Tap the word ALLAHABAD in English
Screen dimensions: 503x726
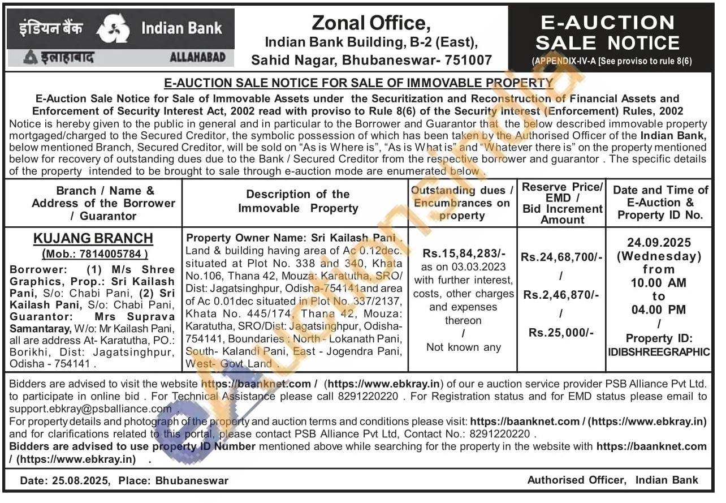[x=197, y=57]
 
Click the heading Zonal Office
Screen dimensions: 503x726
[x=371, y=23]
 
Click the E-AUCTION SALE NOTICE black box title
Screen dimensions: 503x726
[x=607, y=33]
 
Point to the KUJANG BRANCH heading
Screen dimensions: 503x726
[x=93, y=238]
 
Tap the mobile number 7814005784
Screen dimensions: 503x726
[x=113, y=254]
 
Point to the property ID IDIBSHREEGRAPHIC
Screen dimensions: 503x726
[x=659, y=352]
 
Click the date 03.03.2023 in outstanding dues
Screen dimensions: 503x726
[x=482, y=267]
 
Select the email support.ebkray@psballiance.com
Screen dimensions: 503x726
[x=90, y=409]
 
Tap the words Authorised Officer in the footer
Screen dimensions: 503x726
[x=577, y=480]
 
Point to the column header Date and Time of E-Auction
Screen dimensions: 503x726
[x=660, y=196]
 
